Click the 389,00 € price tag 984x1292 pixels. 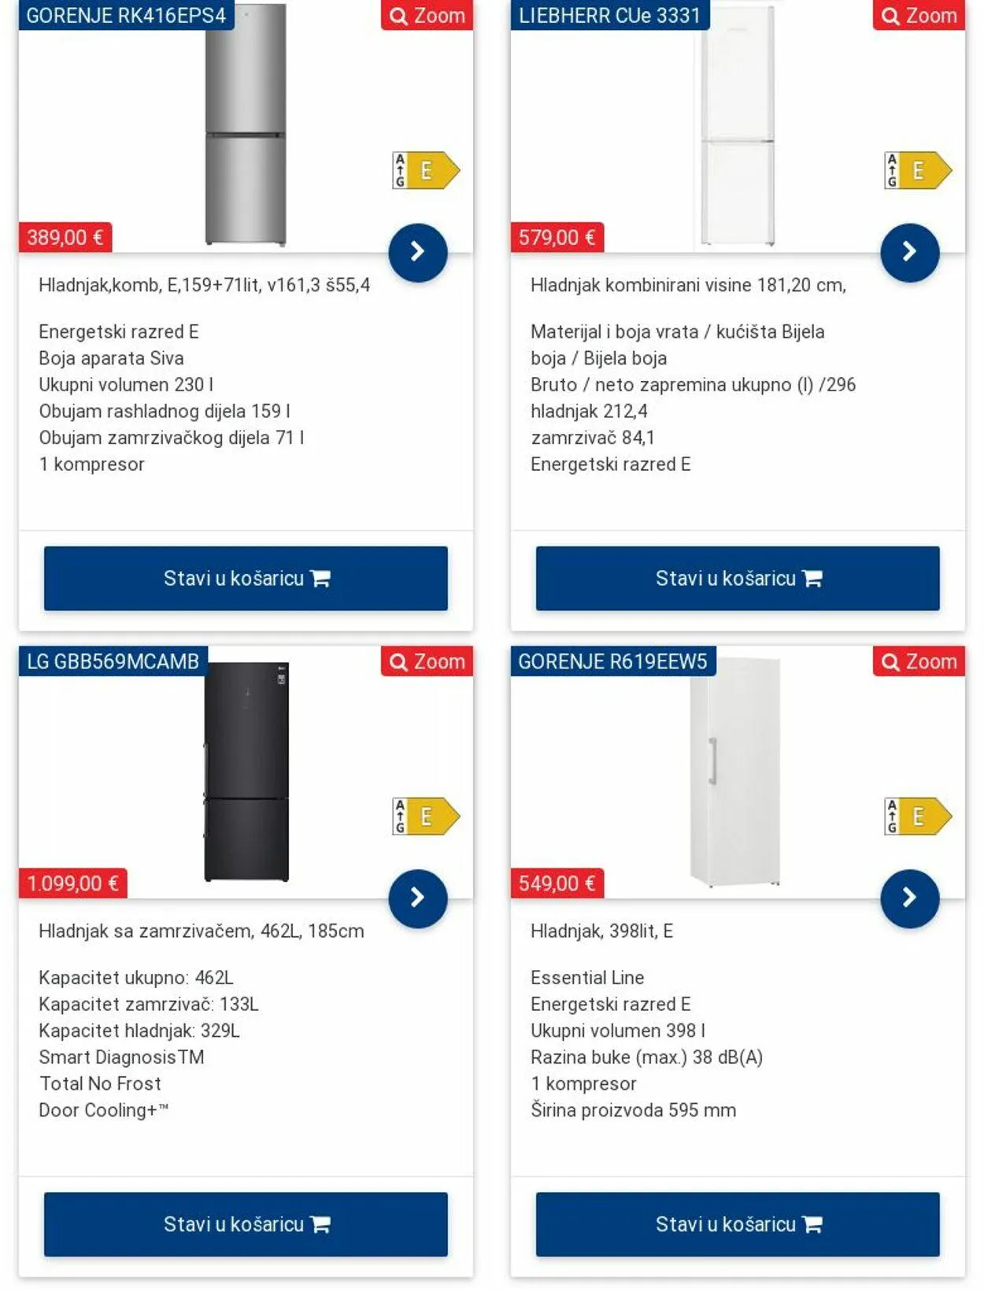click(x=65, y=237)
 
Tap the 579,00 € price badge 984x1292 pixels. click(x=557, y=237)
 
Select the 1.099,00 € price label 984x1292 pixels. click(x=72, y=883)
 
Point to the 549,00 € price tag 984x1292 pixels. click(x=557, y=883)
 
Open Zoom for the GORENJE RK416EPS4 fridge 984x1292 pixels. click(x=427, y=16)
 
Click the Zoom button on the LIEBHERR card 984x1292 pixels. click(x=919, y=16)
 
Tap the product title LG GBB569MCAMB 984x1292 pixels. click(x=113, y=661)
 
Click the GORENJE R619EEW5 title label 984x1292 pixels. click(x=612, y=661)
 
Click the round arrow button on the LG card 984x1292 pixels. click(x=418, y=898)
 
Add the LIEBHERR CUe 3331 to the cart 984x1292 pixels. click(x=738, y=579)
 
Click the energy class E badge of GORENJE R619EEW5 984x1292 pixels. click(x=918, y=816)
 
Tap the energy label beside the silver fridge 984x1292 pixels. click(x=426, y=170)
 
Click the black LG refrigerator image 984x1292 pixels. click(x=246, y=772)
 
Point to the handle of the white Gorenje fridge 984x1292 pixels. click(x=712, y=761)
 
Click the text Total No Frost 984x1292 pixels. click(x=100, y=1083)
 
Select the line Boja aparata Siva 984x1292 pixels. click(x=111, y=358)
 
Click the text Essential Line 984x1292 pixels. click(x=587, y=978)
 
